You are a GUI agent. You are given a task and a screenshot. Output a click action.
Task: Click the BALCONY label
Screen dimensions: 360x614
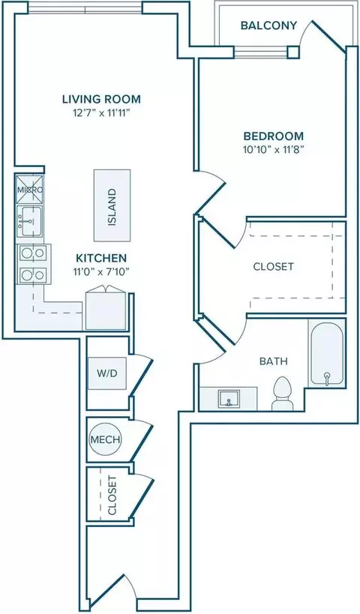pyautogui.click(x=268, y=25)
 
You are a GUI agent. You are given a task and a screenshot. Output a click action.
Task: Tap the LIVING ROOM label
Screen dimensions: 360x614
pyautogui.click(x=101, y=99)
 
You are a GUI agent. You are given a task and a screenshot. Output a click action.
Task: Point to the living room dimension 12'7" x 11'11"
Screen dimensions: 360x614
pyautogui.click(x=101, y=113)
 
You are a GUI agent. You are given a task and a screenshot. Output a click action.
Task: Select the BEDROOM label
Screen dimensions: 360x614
pyautogui.click(x=274, y=136)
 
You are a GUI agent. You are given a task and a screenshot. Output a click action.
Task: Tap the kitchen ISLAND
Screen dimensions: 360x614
pyautogui.click(x=112, y=205)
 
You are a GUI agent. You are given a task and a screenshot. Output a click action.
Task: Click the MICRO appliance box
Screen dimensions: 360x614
pyautogui.click(x=30, y=190)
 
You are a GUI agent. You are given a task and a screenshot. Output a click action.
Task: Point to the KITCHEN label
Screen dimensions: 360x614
pyautogui.click(x=101, y=259)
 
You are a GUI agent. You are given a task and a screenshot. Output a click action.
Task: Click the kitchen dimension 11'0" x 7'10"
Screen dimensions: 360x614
pyautogui.click(x=101, y=271)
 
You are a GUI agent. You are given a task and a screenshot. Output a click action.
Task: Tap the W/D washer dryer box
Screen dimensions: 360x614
pyautogui.click(x=107, y=373)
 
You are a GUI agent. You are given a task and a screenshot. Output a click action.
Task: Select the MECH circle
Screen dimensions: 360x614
pyautogui.click(x=105, y=439)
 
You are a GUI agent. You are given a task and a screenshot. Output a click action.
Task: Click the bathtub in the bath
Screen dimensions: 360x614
pyautogui.click(x=327, y=354)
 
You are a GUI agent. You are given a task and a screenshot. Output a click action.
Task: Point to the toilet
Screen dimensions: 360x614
pyautogui.click(x=283, y=394)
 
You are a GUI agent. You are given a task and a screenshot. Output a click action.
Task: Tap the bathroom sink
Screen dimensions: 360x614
pyautogui.click(x=229, y=399)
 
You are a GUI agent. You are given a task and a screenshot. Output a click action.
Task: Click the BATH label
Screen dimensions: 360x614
pyautogui.click(x=274, y=361)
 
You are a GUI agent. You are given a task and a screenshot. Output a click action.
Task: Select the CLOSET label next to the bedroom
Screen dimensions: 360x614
pyautogui.click(x=274, y=267)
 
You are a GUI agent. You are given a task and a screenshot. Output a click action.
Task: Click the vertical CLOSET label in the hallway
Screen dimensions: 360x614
pyautogui.click(x=112, y=495)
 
